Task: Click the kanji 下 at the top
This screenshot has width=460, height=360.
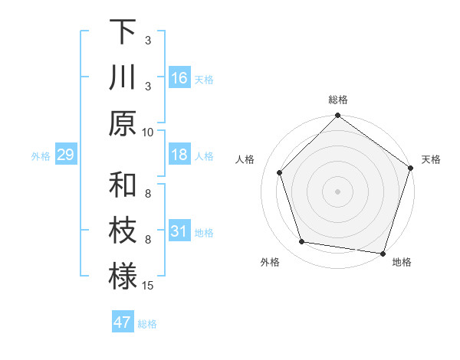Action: click(x=123, y=34)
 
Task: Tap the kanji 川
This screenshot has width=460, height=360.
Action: click(x=123, y=78)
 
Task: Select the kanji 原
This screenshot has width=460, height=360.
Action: click(x=123, y=123)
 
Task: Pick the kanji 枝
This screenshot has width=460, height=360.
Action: click(x=123, y=231)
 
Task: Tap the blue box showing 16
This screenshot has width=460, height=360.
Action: click(x=179, y=78)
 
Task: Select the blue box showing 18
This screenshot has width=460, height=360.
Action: click(x=179, y=155)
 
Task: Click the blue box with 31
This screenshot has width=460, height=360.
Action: click(x=179, y=231)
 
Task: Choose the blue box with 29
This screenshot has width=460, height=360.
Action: click(x=65, y=155)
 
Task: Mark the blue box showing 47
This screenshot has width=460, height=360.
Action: click(x=123, y=322)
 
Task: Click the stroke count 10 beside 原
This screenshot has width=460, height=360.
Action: click(x=148, y=131)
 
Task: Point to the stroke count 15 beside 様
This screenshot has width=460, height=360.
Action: click(x=148, y=286)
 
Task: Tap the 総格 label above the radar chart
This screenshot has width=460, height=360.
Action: click(x=338, y=100)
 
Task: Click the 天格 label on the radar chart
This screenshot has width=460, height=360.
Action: click(x=431, y=159)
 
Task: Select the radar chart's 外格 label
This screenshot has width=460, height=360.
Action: click(x=270, y=262)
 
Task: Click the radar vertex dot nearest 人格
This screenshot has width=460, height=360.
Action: click(x=280, y=172)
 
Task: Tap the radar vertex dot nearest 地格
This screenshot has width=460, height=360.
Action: click(x=383, y=253)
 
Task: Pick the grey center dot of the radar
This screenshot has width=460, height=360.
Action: click(x=337, y=191)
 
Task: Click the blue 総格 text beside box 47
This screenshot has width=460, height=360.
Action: click(x=147, y=323)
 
